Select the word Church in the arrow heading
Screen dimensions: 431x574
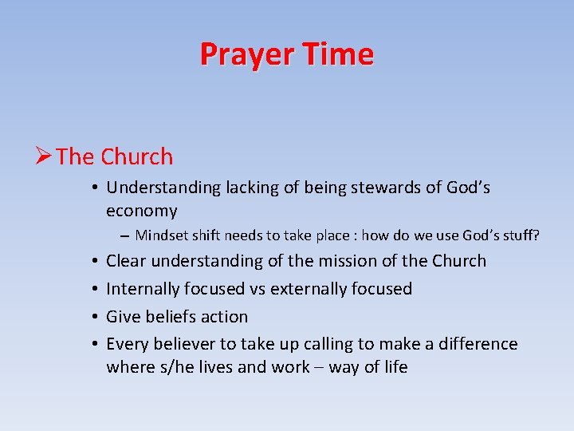137,156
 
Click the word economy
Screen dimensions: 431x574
142,211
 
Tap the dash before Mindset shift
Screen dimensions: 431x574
125,235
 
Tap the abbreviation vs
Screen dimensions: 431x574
256,289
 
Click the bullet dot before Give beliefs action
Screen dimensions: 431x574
94,317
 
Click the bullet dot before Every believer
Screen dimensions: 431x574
94,344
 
